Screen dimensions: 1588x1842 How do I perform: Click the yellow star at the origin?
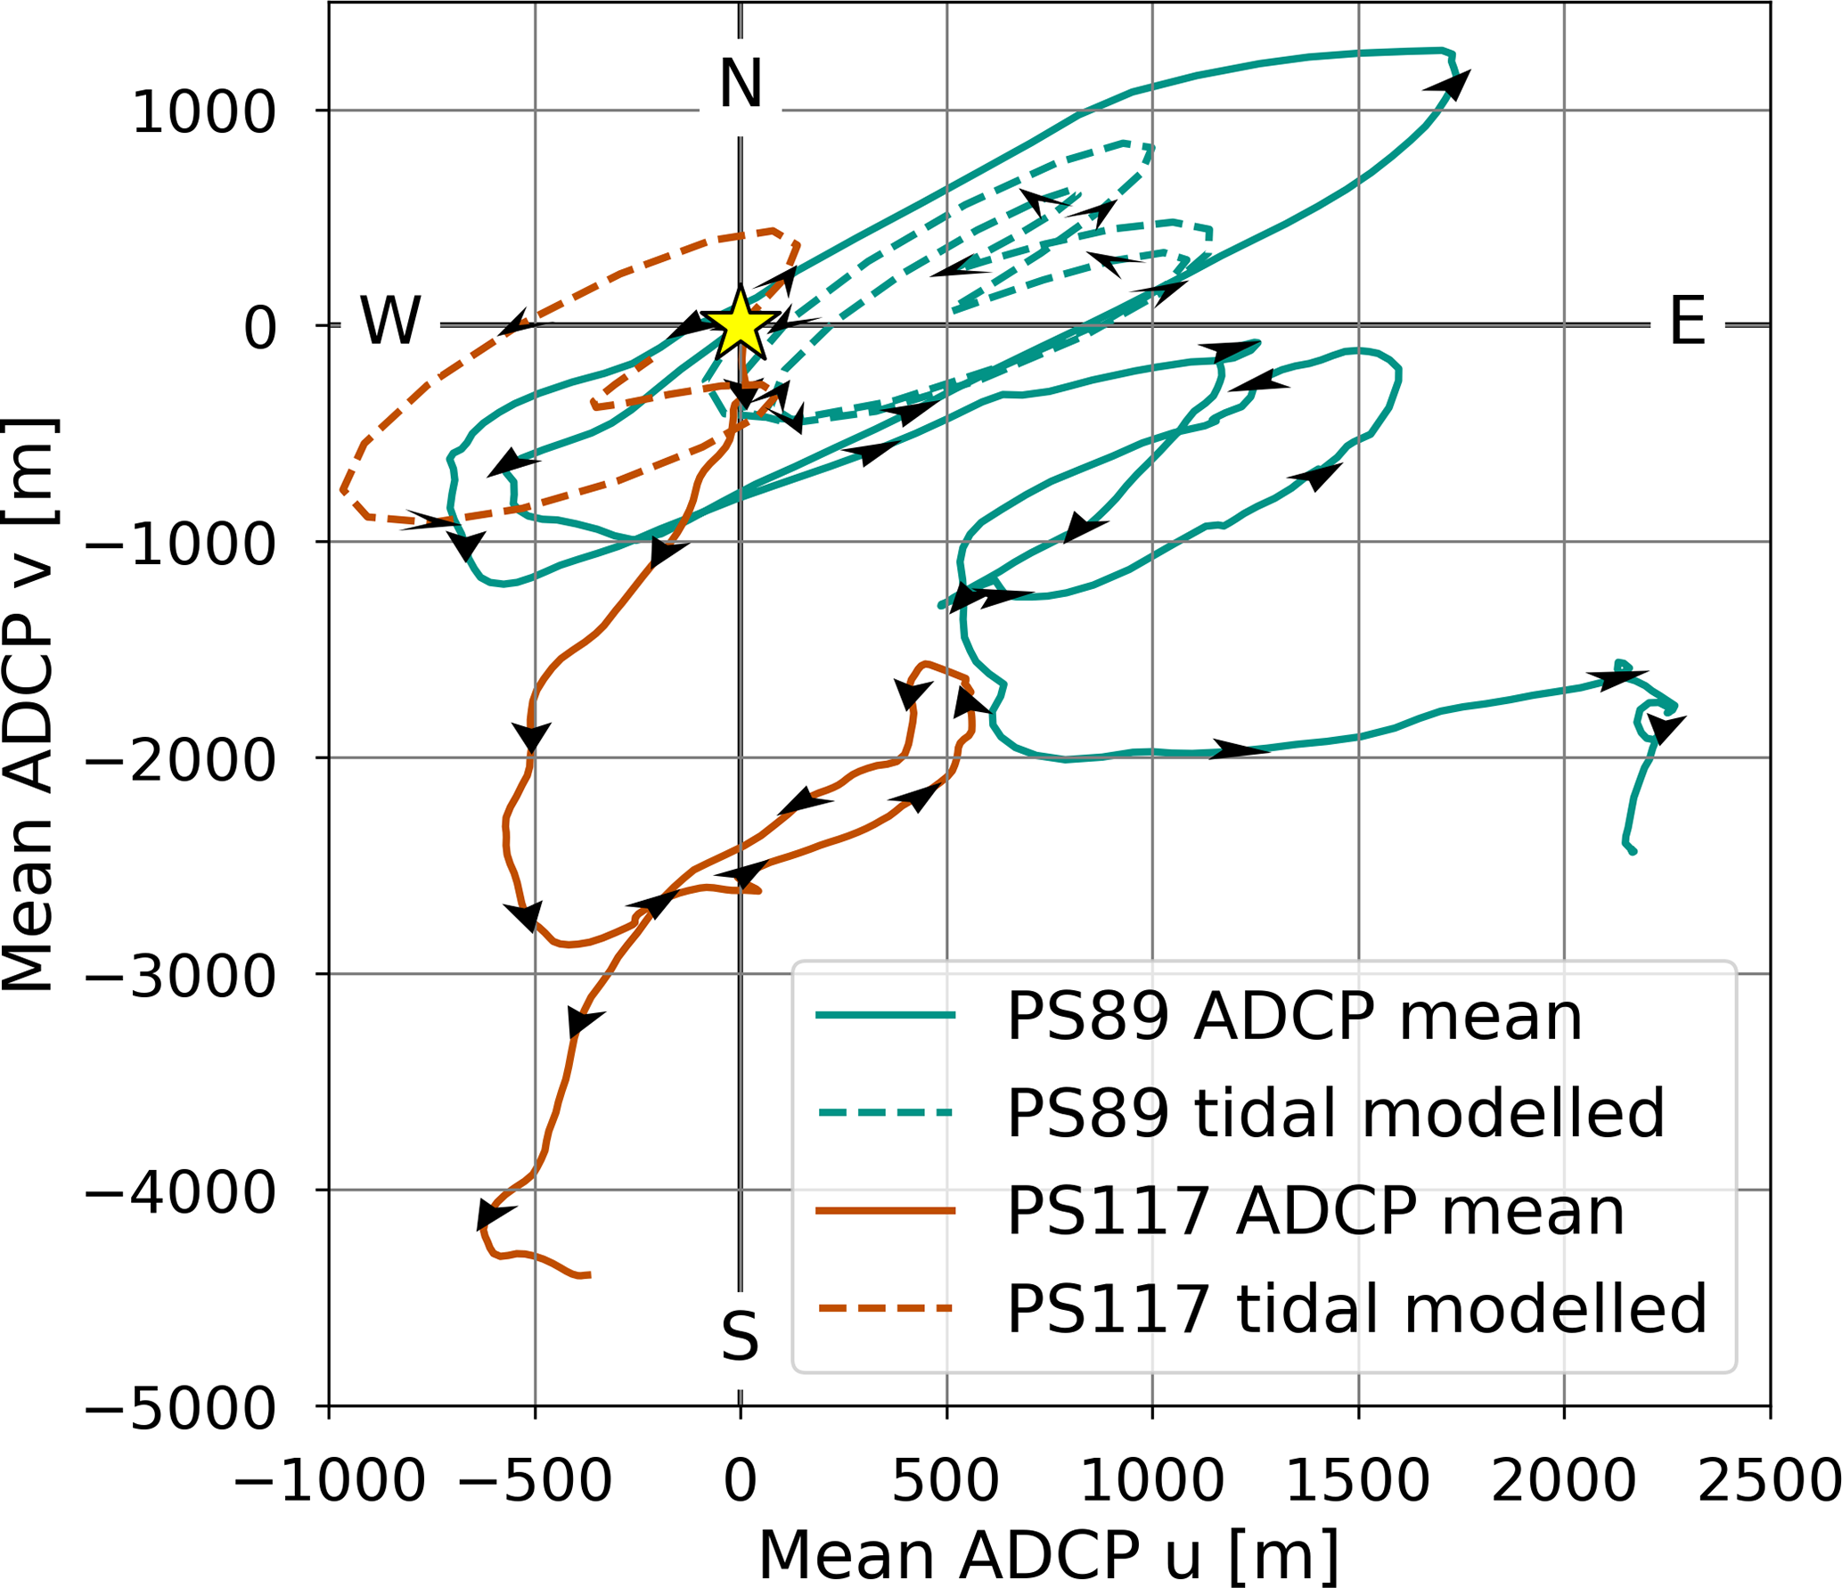click(741, 324)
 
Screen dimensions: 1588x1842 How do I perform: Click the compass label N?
click(741, 84)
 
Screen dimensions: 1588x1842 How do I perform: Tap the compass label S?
click(741, 1338)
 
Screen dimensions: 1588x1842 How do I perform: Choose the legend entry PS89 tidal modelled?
click(1335, 1114)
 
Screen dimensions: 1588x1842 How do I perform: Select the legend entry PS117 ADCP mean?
click(1315, 1211)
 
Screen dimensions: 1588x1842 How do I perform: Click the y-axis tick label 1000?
click(203, 113)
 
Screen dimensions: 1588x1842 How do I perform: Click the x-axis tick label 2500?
click(1770, 1482)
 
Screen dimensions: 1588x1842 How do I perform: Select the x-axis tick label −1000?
click(330, 1482)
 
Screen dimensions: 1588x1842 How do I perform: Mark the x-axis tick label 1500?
click(1358, 1482)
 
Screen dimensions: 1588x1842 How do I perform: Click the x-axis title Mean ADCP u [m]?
click(1049, 1556)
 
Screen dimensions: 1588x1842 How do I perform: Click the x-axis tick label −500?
click(535, 1482)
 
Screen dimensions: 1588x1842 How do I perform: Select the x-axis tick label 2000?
click(1564, 1482)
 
